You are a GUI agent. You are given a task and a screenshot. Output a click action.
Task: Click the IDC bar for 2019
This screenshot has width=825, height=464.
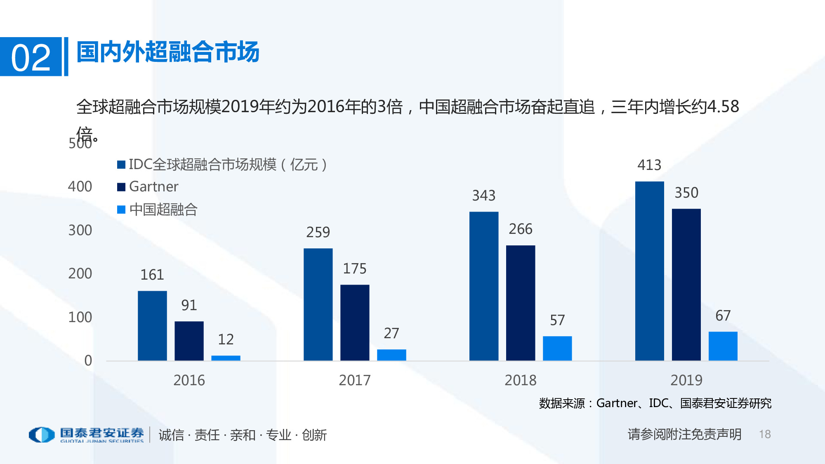pyautogui.click(x=649, y=271)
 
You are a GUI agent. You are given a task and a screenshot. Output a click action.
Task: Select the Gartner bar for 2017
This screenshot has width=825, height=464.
pyautogui.click(x=355, y=323)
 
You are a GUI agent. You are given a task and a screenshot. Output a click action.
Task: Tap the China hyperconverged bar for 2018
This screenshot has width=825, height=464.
pyautogui.click(x=557, y=348)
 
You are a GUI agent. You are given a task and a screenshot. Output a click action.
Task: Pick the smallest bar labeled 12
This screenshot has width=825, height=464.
pyautogui.click(x=226, y=358)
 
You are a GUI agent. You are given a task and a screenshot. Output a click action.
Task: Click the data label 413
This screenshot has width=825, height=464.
pyautogui.click(x=649, y=165)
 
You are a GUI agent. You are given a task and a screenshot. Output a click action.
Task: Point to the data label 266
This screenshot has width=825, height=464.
pyautogui.click(x=521, y=229)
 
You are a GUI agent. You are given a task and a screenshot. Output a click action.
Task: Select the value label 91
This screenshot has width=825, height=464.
pyautogui.click(x=189, y=305)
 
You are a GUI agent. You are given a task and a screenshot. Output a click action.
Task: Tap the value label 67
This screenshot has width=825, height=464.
pyautogui.click(x=723, y=316)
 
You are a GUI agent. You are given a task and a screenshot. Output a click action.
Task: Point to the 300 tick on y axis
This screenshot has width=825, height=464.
pyautogui.click(x=80, y=230)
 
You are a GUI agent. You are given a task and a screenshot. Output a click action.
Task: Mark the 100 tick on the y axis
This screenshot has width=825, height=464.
pyautogui.click(x=80, y=317)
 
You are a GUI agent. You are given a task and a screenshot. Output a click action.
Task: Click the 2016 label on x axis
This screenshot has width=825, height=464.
pyautogui.click(x=189, y=380)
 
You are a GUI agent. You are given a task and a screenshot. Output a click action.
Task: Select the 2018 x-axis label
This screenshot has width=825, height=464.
pyautogui.click(x=521, y=380)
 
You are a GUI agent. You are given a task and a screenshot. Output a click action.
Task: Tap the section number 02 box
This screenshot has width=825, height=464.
pyautogui.click(x=31, y=57)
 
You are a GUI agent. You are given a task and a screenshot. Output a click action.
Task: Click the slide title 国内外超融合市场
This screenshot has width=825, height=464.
pyautogui.click(x=168, y=52)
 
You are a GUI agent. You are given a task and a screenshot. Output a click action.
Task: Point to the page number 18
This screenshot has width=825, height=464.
pyautogui.click(x=765, y=434)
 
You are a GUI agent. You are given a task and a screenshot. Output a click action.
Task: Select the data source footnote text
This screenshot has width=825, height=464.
pyautogui.click(x=655, y=403)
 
